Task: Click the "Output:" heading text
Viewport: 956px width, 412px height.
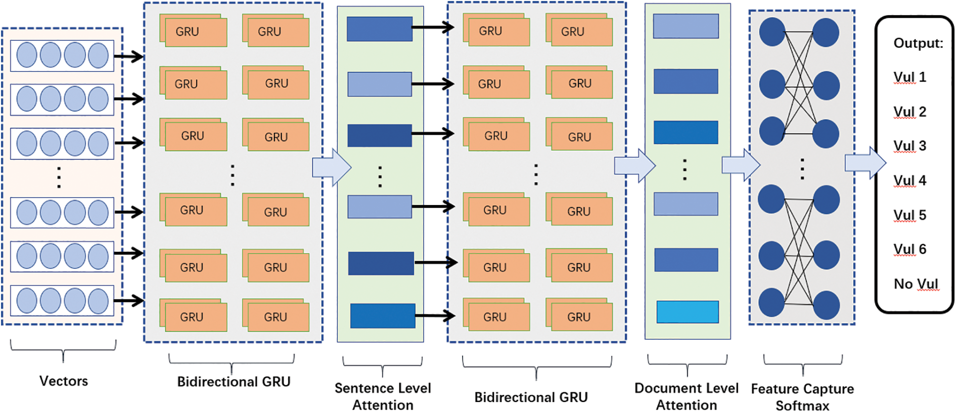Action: click(918, 43)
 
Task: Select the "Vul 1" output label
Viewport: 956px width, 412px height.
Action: click(909, 77)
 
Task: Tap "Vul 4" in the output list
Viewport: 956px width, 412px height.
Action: click(909, 180)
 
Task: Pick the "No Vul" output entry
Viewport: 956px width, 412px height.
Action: click(915, 284)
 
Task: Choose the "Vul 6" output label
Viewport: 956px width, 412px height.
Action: click(909, 249)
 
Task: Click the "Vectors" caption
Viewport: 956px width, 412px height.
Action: click(64, 381)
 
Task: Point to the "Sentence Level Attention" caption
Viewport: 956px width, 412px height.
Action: click(383, 396)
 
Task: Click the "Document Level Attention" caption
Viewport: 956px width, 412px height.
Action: click(687, 396)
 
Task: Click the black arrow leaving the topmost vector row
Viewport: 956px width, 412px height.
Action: click(128, 56)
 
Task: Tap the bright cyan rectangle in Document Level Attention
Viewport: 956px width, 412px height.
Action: click(688, 312)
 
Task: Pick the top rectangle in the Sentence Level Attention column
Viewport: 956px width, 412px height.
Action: click(379, 29)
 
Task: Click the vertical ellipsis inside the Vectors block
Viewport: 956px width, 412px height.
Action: click(59, 177)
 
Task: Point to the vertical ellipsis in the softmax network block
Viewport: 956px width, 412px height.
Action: click(802, 169)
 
